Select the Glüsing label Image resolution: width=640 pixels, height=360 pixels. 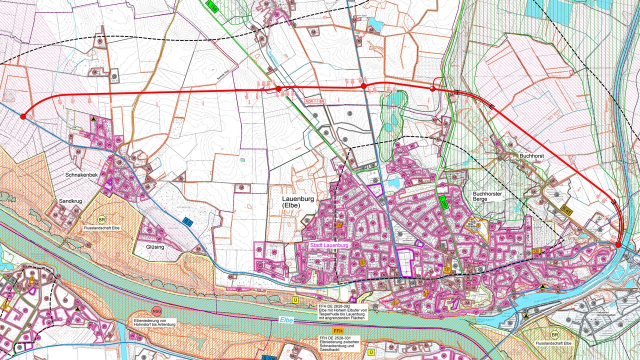155,247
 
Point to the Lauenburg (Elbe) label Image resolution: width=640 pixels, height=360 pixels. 298,202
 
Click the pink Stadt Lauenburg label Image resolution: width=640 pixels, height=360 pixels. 328,245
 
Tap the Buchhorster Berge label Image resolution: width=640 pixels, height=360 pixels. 487,195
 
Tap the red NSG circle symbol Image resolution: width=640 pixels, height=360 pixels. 157,311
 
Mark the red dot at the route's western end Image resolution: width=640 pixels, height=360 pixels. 22,116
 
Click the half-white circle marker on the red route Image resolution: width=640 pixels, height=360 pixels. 432,89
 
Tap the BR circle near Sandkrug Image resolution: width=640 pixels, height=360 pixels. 101,220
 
